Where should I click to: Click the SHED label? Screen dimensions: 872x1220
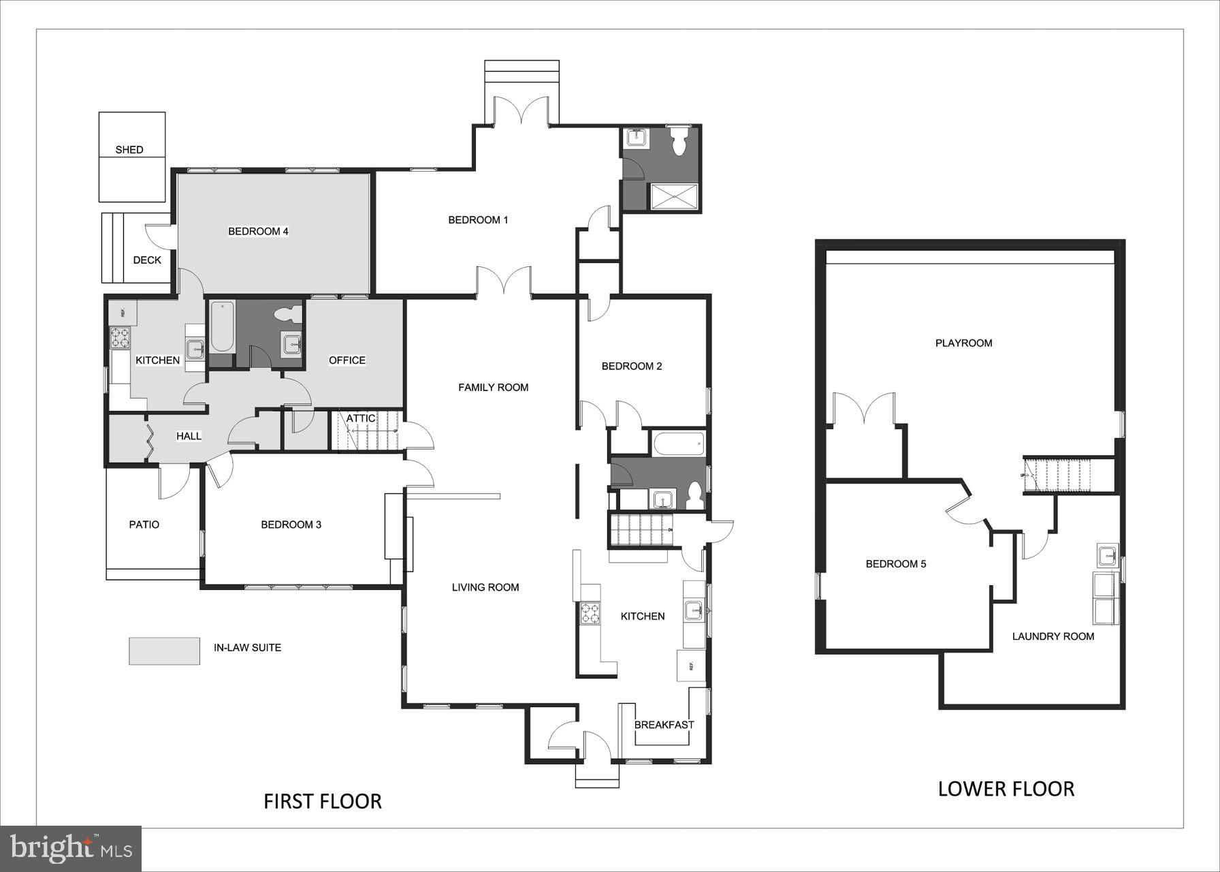tap(129, 150)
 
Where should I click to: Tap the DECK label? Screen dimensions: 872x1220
tap(147, 260)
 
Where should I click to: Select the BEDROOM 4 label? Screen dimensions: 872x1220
tap(258, 232)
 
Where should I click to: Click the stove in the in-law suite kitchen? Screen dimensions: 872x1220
tap(120, 338)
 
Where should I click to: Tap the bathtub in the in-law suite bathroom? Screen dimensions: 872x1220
tap(222, 327)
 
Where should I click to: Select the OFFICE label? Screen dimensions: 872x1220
tap(347, 360)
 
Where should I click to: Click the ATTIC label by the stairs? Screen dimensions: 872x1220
tap(361, 418)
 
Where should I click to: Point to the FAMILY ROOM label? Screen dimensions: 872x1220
tap(493, 388)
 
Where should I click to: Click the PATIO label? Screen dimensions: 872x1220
tap(144, 525)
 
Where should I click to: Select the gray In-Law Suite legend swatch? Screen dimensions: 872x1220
tap(164, 651)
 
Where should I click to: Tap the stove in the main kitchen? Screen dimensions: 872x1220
tap(589, 614)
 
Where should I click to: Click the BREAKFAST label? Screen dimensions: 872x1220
tap(664, 725)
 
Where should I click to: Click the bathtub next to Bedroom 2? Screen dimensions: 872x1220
tap(678, 446)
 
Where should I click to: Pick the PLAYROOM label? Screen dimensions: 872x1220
tap(963, 343)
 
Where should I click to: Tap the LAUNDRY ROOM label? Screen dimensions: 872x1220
tap(1053, 636)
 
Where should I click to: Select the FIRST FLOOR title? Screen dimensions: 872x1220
tap(323, 801)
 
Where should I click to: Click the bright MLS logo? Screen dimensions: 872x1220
tap(71, 849)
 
